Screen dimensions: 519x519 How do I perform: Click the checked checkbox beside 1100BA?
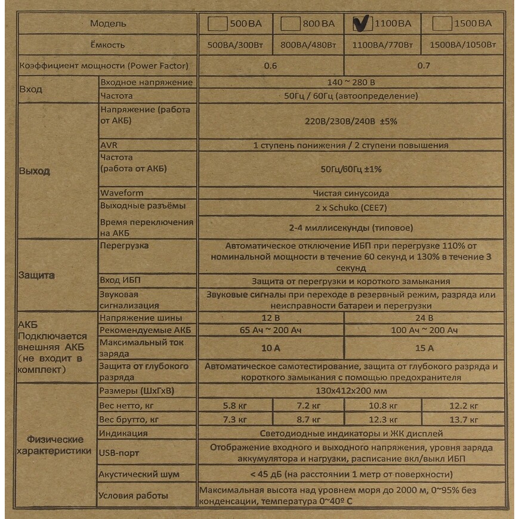coord(362,23)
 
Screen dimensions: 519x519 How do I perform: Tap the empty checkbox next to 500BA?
coord(218,24)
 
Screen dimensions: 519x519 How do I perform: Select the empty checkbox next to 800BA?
coord(291,24)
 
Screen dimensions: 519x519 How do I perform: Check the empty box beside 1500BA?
coord(441,24)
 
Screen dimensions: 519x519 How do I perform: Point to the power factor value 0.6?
coord(270,66)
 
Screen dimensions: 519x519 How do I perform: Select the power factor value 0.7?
coord(424,66)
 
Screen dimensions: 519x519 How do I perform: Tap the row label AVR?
coord(109,145)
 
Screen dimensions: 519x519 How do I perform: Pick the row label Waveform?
coord(122,193)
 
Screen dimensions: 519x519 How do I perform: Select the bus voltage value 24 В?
coord(424,318)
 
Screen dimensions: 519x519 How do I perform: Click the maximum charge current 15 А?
coord(424,348)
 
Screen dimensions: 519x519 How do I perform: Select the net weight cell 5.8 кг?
coord(234,406)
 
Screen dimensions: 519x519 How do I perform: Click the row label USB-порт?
coord(119,453)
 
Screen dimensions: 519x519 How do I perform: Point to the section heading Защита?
coord(37,276)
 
